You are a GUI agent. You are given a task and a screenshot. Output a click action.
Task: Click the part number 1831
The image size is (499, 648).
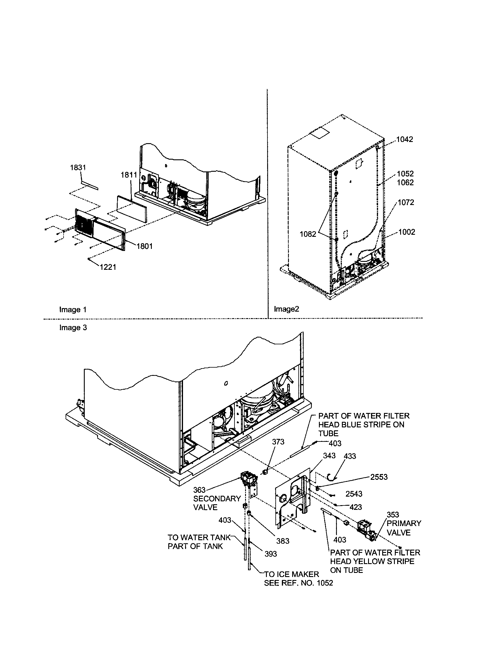[x=78, y=168]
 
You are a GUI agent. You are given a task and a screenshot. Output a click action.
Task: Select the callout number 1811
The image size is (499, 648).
[x=129, y=175]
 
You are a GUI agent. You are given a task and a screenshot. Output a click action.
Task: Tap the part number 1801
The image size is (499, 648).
[x=144, y=246]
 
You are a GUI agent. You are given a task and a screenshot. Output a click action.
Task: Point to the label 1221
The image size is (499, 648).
[x=108, y=267]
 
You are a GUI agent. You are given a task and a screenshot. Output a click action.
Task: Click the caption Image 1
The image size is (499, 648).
[x=73, y=310]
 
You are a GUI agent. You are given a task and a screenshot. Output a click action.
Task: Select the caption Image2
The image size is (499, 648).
[x=287, y=309]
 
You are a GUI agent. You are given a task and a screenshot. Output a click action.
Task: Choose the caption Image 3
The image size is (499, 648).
[x=73, y=328]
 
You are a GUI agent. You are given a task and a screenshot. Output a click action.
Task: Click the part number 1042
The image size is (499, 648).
[x=405, y=139]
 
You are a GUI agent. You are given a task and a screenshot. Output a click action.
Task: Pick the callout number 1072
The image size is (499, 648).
[x=406, y=203]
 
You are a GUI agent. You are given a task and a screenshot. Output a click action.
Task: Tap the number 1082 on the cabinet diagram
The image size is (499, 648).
[x=308, y=234]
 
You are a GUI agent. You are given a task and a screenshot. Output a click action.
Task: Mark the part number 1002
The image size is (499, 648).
[x=407, y=232]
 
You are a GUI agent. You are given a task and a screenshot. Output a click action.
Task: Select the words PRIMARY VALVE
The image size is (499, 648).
[x=404, y=528]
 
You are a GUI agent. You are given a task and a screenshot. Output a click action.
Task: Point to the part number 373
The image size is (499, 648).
[x=278, y=450]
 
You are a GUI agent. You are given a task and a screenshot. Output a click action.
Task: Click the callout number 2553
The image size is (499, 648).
[x=379, y=477]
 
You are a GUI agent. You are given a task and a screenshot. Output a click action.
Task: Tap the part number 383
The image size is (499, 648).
[x=283, y=541]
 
